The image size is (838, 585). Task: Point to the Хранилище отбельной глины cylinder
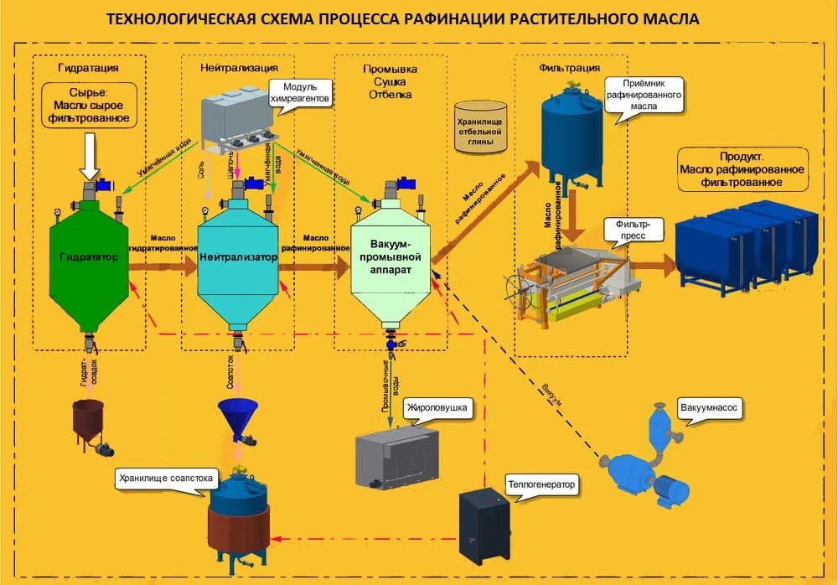pyautogui.click(x=480, y=127)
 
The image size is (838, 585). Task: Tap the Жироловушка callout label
pyautogui.click(x=435, y=410)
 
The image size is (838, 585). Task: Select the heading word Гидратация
pyautogui.click(x=88, y=67)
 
